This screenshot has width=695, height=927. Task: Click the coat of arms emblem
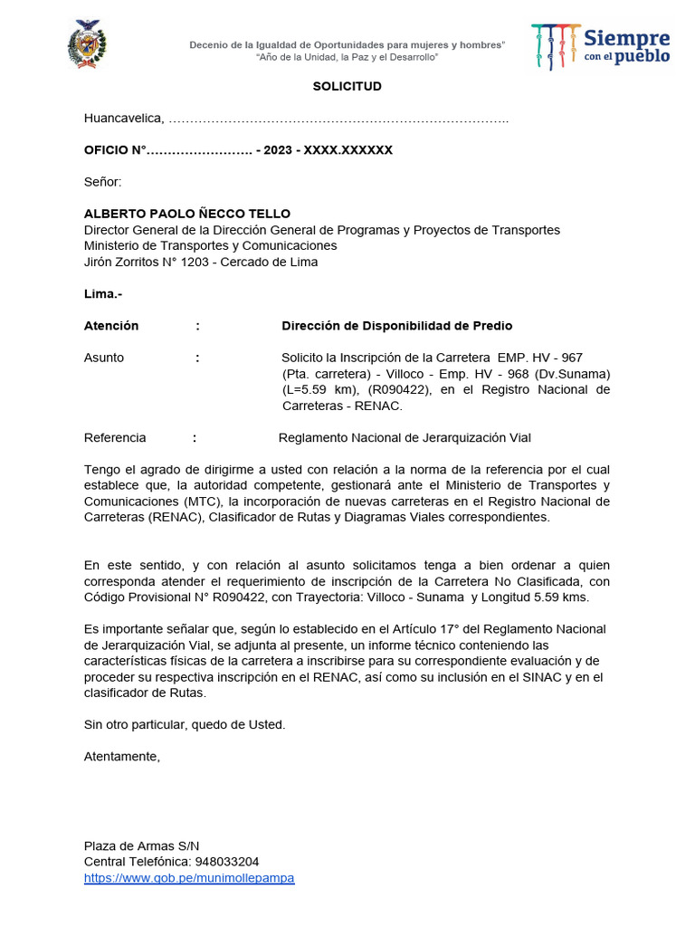click(x=88, y=44)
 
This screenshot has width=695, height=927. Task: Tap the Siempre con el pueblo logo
click(x=601, y=46)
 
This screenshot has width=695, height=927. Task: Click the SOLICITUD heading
click(x=347, y=87)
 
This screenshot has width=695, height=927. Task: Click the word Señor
click(x=102, y=182)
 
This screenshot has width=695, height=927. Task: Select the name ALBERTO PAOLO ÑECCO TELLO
click(x=187, y=215)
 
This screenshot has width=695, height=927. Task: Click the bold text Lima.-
click(x=103, y=294)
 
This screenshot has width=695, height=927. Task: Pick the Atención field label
click(x=111, y=326)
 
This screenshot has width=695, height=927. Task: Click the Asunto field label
click(x=104, y=358)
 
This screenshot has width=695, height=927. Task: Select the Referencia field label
click(x=115, y=438)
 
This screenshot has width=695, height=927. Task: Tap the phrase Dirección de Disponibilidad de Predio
click(x=397, y=326)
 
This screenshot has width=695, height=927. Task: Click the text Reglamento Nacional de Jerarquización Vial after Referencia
click(x=405, y=438)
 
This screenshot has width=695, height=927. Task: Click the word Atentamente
click(x=122, y=756)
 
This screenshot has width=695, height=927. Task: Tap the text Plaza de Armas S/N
click(x=142, y=846)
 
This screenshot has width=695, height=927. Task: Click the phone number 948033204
click(x=227, y=862)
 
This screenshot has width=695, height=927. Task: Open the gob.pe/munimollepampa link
click(x=189, y=878)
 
